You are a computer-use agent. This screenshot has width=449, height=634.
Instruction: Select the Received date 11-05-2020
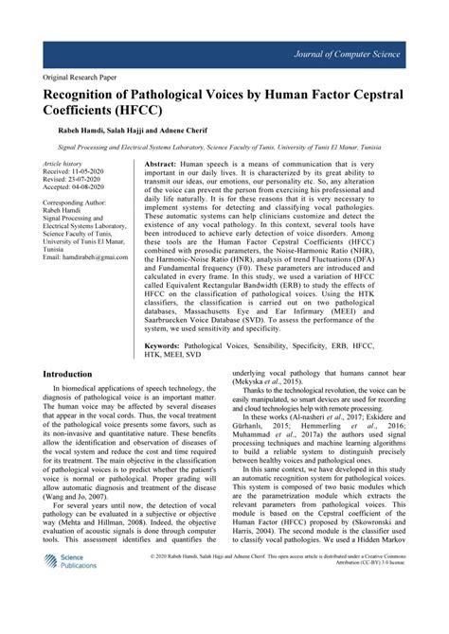[x=90, y=173]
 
